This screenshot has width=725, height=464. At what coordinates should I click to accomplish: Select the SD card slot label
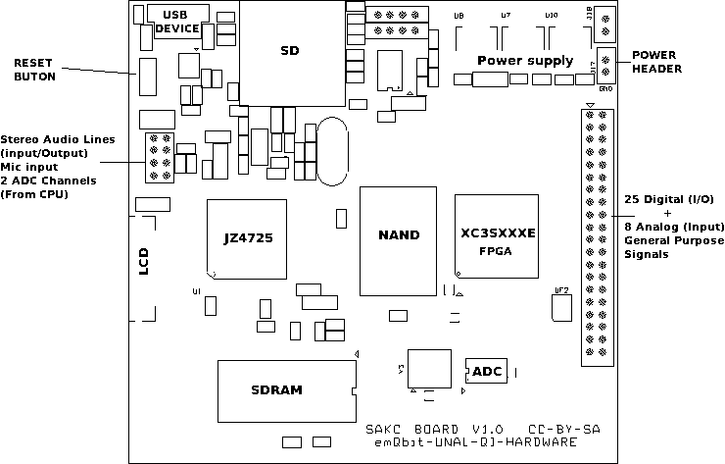click(290, 50)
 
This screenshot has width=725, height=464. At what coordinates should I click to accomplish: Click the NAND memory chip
click(399, 235)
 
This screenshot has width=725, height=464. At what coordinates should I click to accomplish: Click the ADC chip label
click(487, 372)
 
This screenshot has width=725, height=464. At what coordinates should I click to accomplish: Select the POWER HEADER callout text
click(656, 61)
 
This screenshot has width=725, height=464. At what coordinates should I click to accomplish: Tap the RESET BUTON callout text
click(35, 68)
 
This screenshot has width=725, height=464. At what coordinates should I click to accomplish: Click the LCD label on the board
click(144, 261)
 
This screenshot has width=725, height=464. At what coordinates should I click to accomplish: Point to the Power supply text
click(525, 61)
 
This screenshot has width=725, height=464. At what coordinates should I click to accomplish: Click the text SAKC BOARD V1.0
click(434, 431)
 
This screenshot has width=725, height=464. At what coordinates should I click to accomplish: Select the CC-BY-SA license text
click(564, 431)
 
